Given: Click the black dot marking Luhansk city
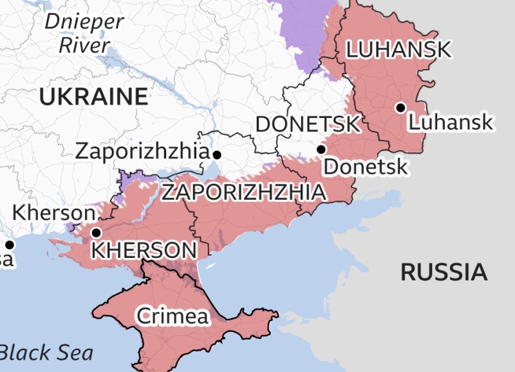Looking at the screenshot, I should pos(401,107).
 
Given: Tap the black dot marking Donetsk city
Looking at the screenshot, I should pos(321,150).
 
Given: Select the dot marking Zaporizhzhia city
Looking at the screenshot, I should pos(218,155).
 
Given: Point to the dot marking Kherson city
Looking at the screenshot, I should pos(97,233).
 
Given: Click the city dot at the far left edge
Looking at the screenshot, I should pos(10,245).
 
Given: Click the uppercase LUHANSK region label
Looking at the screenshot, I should pos(398,50).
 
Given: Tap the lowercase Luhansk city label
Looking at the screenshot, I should pos(451,122).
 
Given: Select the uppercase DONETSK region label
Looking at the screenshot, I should pos(308,124).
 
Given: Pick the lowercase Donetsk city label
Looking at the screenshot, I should pos(365,167).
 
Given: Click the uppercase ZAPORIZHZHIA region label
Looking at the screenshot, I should pos(243,192).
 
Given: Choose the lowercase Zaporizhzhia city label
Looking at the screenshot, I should pos(142,152).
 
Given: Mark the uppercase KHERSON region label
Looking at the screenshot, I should pos(144,250).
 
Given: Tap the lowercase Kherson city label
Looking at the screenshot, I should pos(54,212).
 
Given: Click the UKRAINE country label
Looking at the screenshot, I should pos(93,97).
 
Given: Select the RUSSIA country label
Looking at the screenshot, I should pos(444,272).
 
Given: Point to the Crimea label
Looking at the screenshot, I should pos(173,316).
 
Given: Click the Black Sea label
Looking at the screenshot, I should pos(46,353).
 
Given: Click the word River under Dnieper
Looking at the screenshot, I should pos(84,45).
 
